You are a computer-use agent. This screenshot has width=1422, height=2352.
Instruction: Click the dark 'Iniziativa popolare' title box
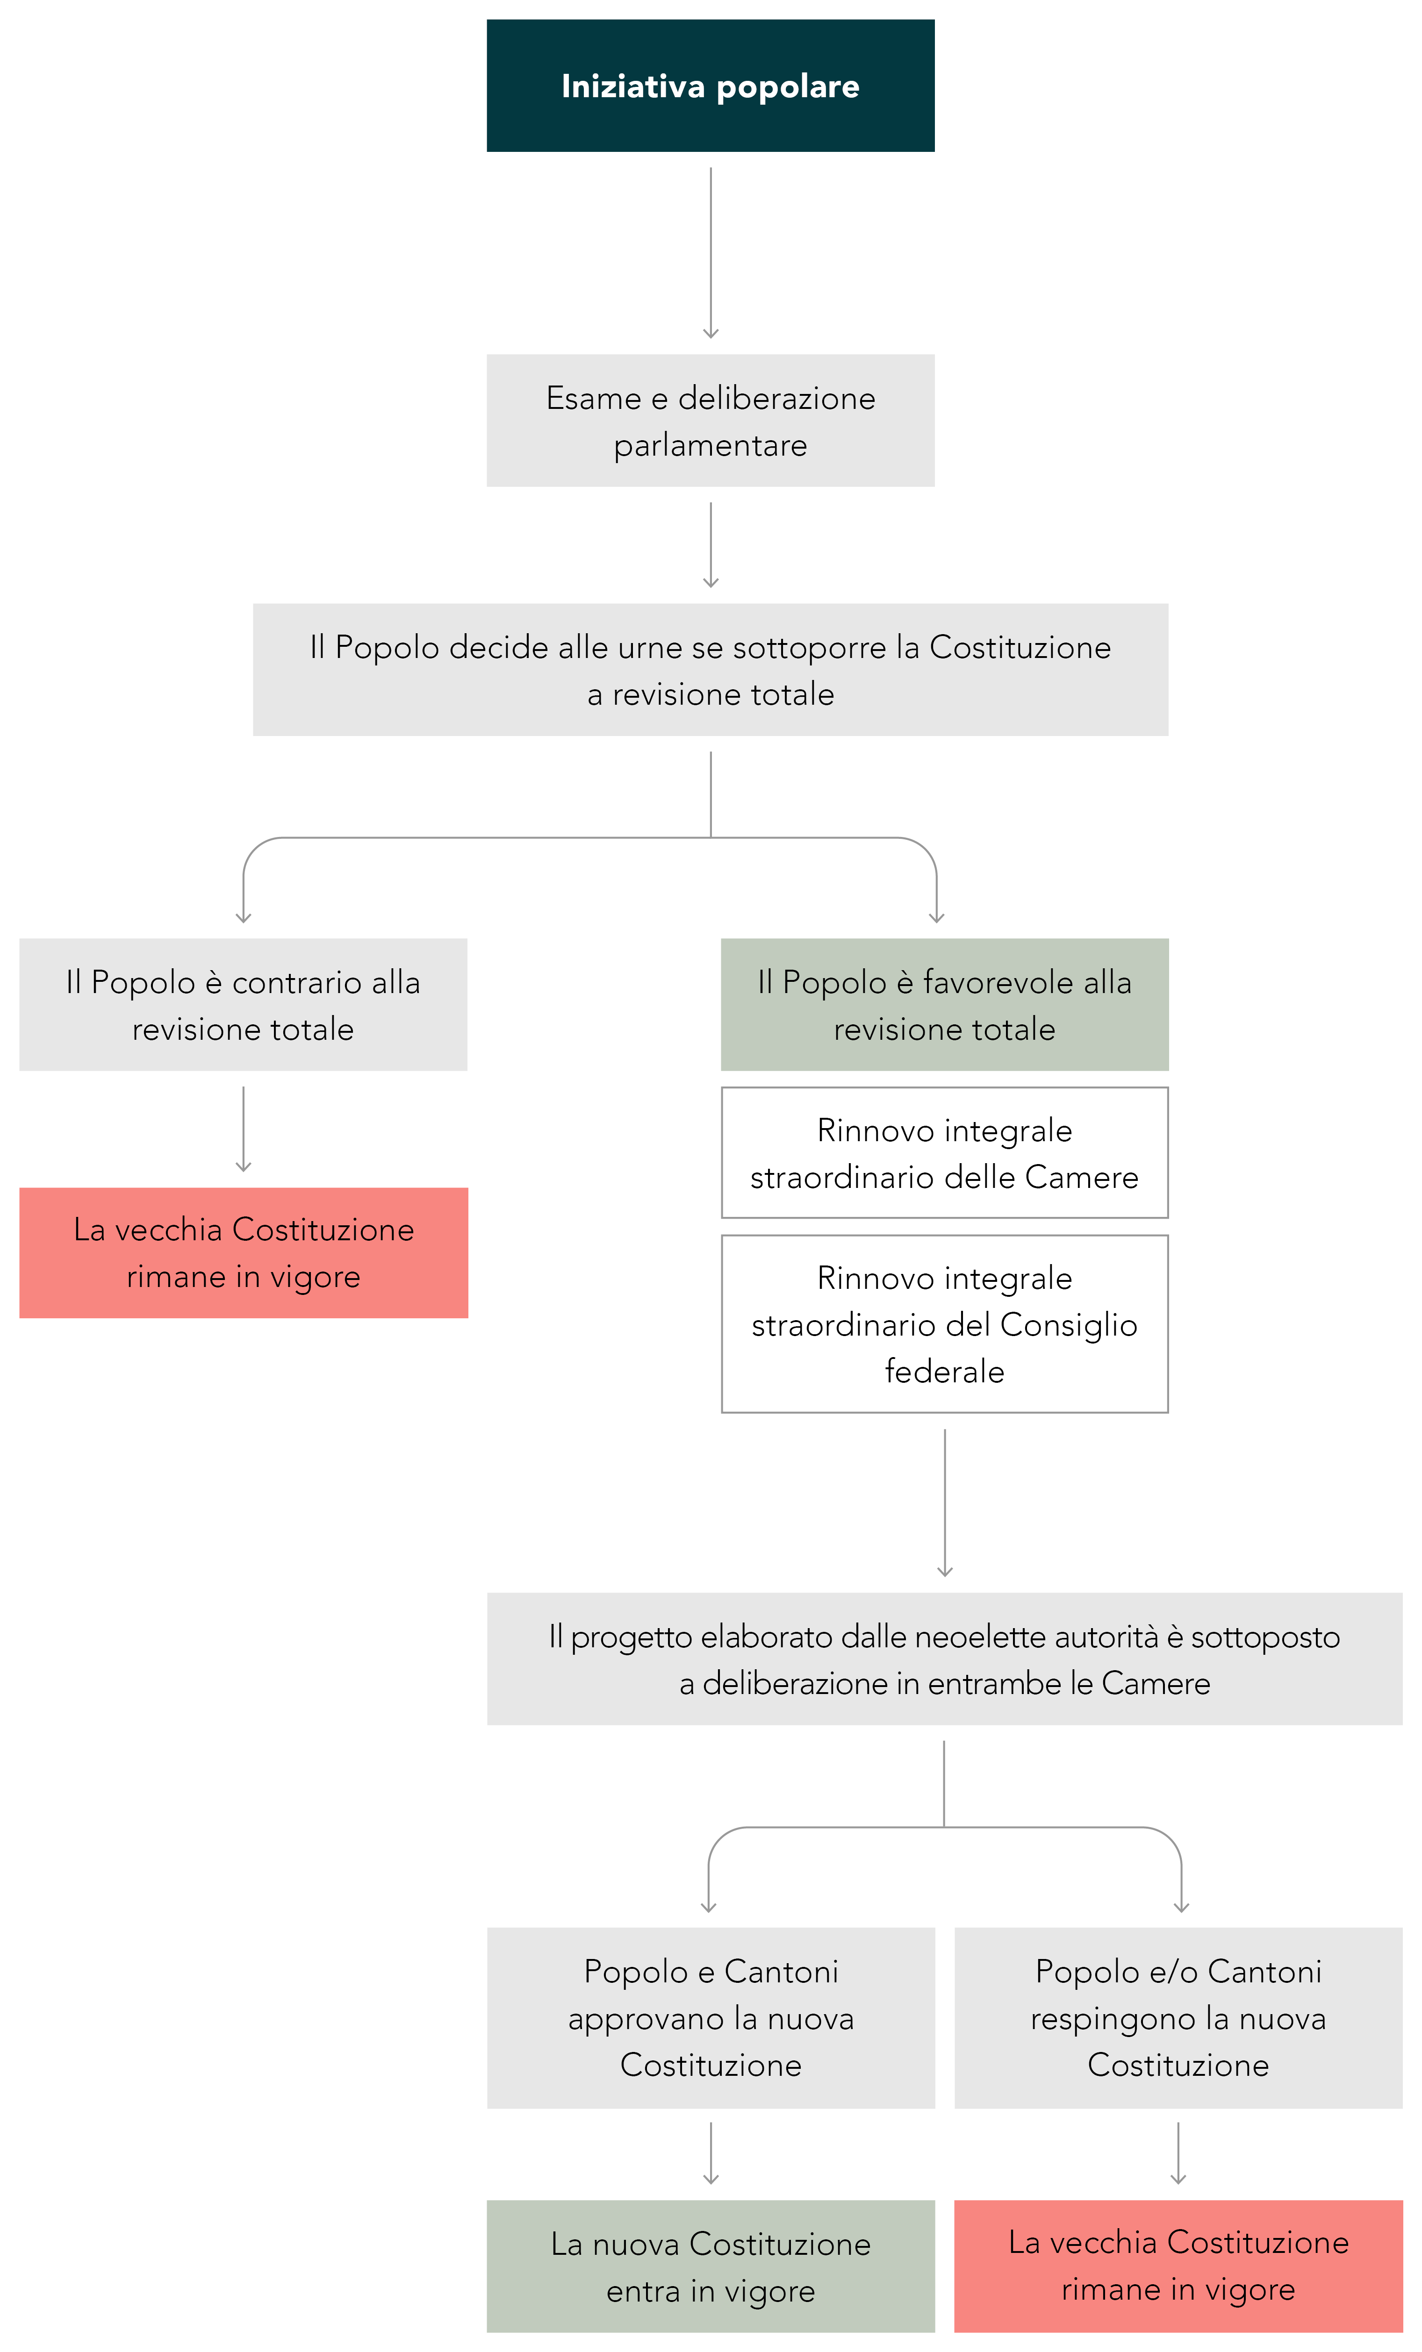[711, 86]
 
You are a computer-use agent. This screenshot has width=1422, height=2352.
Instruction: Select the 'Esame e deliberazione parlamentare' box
[711, 421]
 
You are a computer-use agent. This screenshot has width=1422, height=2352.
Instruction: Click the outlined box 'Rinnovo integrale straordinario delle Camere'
[945, 1153]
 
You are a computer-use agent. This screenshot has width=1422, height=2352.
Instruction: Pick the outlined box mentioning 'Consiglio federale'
[945, 1324]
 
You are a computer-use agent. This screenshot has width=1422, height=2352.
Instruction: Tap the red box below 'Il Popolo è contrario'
[244, 1253]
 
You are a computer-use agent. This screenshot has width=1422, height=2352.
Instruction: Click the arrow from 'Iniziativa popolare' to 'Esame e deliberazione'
[711, 253]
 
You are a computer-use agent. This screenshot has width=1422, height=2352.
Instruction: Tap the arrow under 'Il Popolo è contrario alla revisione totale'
[244, 1129]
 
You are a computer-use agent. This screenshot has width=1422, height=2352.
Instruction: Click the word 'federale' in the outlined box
[945, 1372]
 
